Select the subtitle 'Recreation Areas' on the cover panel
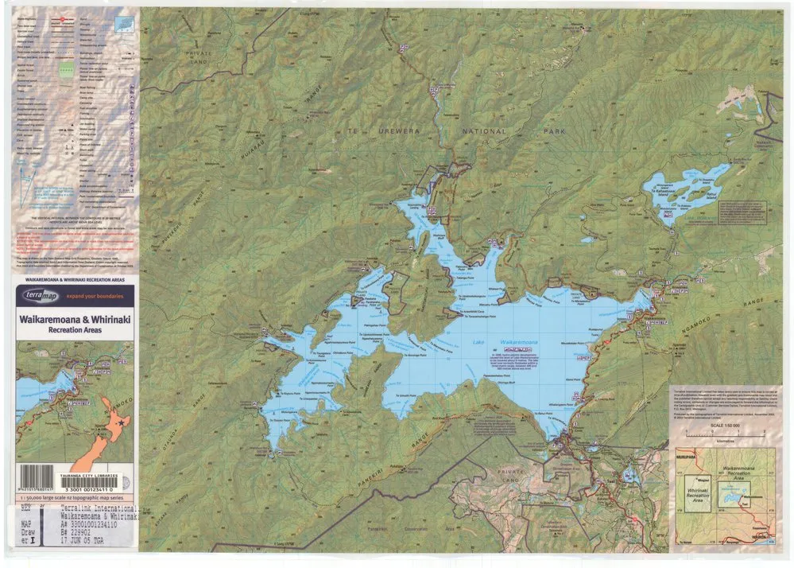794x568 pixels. point(75,330)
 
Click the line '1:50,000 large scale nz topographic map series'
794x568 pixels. point(70,496)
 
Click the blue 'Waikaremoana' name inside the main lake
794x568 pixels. point(519,342)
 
